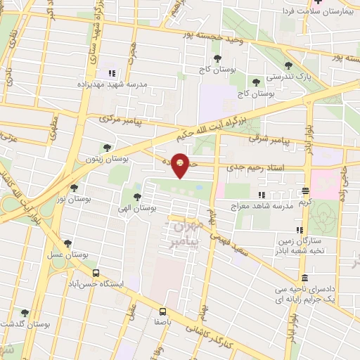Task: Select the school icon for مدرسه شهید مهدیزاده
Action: click(110, 73)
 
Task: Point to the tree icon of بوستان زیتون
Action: click(106, 148)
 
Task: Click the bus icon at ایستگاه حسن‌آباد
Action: click(96, 274)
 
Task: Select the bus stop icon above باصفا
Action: click(163, 311)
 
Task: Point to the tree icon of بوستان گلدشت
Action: click(25, 313)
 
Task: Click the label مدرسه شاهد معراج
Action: click(261, 207)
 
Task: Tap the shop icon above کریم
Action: click(305, 191)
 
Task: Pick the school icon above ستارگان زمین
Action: click(300, 230)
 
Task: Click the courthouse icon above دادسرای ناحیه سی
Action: click(304, 278)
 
